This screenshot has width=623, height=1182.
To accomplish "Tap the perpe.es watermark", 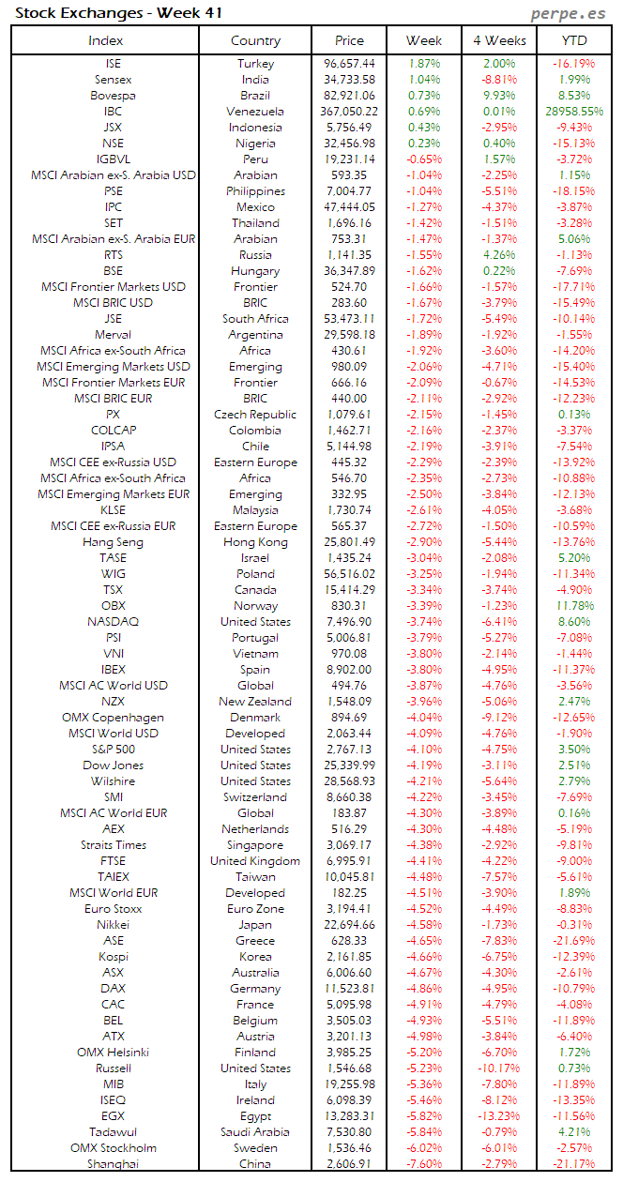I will coord(568,12).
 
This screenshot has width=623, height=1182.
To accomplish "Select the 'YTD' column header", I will coord(574,40).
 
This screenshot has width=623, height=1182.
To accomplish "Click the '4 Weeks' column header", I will coord(499,40).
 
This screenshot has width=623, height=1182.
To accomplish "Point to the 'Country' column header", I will coord(255,40).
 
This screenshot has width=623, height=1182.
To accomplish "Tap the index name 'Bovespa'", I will coord(113,96).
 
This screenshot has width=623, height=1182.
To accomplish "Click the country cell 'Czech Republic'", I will coord(255,415).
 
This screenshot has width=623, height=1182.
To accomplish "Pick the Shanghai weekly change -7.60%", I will coord(424,1164).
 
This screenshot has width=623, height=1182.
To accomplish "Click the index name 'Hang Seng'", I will coord(113,542).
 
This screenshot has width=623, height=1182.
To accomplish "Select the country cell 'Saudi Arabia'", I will coord(255,1132).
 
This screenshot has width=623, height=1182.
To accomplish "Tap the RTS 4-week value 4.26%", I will coord(499,255).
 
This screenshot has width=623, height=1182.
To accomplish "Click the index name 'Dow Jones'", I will coord(113,765).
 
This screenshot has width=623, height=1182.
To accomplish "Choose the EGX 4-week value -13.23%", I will coord(499,1116).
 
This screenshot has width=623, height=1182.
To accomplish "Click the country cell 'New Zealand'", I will coord(255,702).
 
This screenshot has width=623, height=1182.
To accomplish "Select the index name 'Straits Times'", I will coord(113,845).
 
